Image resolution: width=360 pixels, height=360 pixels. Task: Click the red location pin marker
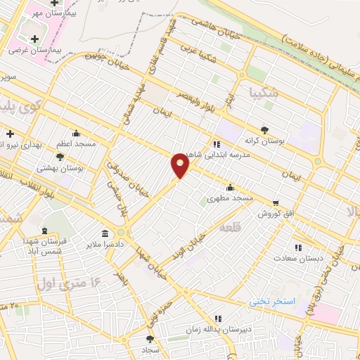coord(180,165)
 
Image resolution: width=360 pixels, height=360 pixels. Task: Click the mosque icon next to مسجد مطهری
coord(230,188)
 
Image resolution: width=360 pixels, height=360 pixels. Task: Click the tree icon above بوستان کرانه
coord(264,129)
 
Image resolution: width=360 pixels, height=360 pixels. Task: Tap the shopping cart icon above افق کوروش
coord(275,202)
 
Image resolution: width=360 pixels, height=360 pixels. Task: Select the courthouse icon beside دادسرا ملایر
coord(105,233)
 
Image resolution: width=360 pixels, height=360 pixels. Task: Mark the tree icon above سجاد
coord(150,339)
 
